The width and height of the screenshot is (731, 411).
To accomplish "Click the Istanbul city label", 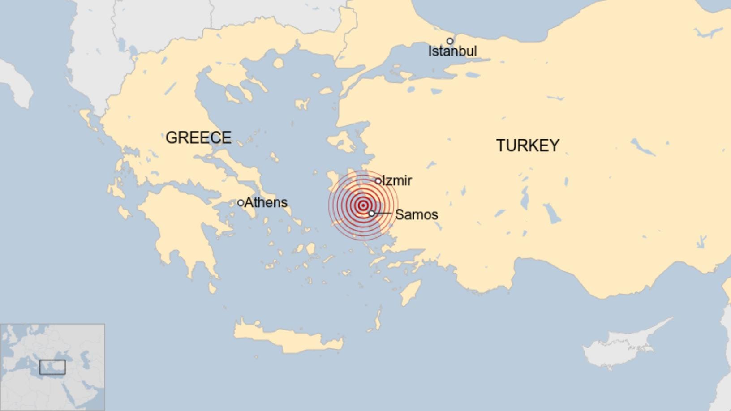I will (452, 51).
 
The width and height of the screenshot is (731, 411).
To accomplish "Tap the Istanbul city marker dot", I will (450, 41).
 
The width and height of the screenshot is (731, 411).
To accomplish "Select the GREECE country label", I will (198, 137).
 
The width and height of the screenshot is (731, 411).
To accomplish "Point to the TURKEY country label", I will (528, 146).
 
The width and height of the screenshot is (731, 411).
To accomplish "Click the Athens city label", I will (266, 202).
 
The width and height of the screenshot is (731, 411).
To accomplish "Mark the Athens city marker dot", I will (241, 203).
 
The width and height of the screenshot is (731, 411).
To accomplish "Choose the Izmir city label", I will (397, 181).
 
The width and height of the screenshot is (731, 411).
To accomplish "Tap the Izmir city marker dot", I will (378, 181).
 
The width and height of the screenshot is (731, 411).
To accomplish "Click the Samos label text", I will (416, 215).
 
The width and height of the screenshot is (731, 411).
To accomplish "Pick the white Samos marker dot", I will (371, 214).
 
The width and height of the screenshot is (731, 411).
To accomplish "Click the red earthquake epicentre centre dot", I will (363, 205).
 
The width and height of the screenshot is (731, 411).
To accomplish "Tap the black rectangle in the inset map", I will (52, 367).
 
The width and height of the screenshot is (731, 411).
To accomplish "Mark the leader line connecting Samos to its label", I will (383, 214).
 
